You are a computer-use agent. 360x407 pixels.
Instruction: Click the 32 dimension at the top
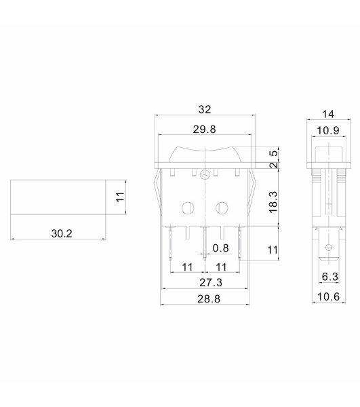click(x=205, y=109)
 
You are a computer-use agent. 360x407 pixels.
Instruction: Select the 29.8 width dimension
click(x=204, y=130)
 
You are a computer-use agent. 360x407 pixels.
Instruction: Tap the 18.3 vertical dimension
click(x=273, y=202)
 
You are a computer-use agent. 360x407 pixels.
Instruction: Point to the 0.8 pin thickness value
click(x=221, y=248)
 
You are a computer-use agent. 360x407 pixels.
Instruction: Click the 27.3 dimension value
click(x=211, y=282)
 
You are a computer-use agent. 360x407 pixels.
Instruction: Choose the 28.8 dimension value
click(x=209, y=298)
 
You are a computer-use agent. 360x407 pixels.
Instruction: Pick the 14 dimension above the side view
click(x=328, y=114)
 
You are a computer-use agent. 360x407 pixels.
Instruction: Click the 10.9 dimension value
click(x=328, y=130)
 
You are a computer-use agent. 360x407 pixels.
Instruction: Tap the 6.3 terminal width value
click(x=330, y=277)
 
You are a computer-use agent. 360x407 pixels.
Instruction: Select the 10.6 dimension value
click(x=328, y=296)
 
